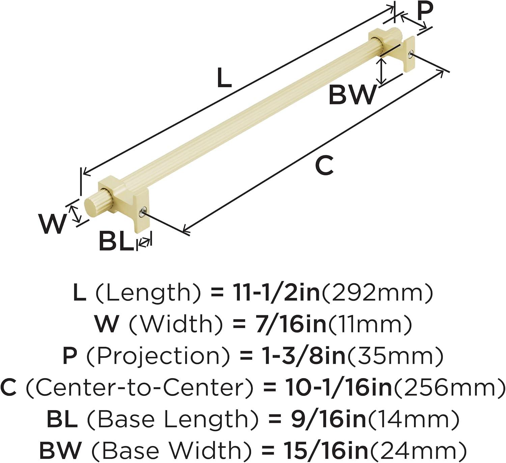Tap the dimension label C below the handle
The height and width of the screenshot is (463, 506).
(x=325, y=165)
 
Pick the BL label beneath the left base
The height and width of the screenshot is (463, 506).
(x=116, y=241)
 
